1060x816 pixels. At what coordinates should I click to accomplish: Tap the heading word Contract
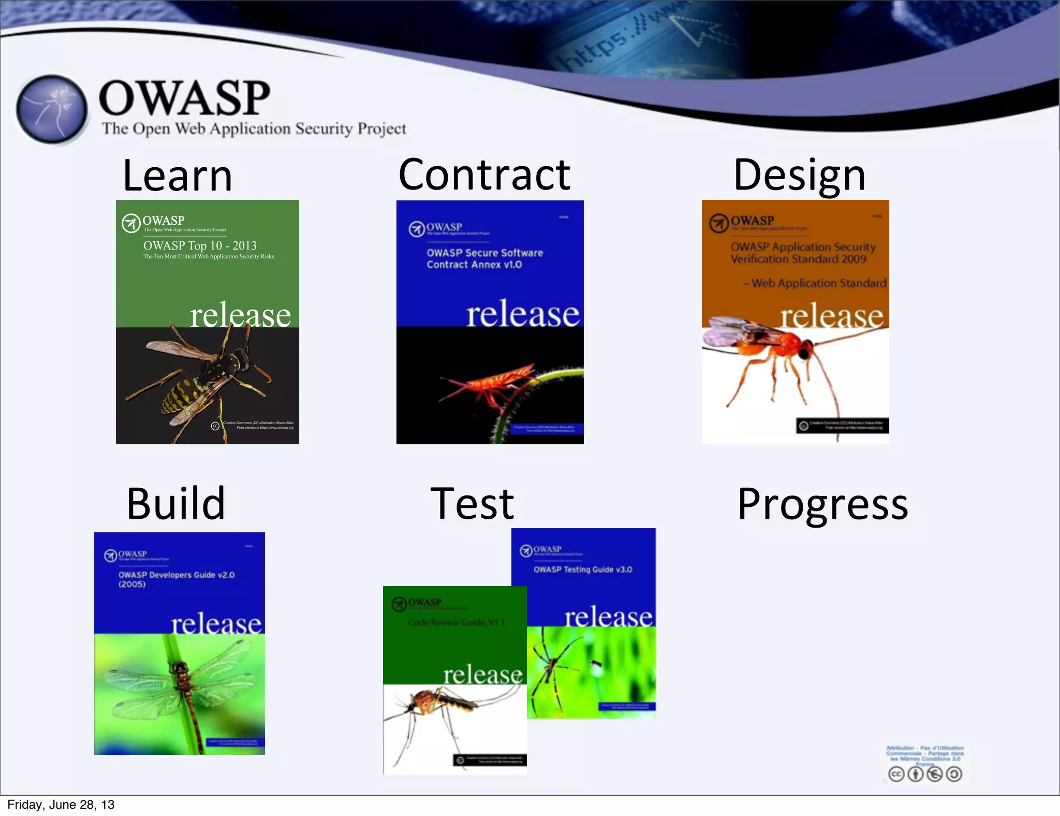tap(484, 175)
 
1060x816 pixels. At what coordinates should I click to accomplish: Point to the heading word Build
tap(176, 504)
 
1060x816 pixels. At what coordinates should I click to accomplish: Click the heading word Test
tap(472, 504)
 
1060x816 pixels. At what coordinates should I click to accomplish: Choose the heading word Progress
tap(822, 505)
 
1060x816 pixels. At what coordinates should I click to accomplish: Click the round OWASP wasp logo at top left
tap(51, 109)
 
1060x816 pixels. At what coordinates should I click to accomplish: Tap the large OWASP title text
tap(184, 98)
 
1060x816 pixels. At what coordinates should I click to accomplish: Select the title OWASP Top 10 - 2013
tap(200, 245)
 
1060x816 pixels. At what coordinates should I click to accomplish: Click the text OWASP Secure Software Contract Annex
tap(484, 258)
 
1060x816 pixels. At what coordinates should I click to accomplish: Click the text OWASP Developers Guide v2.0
tap(176, 575)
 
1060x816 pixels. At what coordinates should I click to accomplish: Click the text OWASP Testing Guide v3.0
tap(583, 570)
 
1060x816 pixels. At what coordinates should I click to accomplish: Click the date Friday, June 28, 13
tap(61, 805)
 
